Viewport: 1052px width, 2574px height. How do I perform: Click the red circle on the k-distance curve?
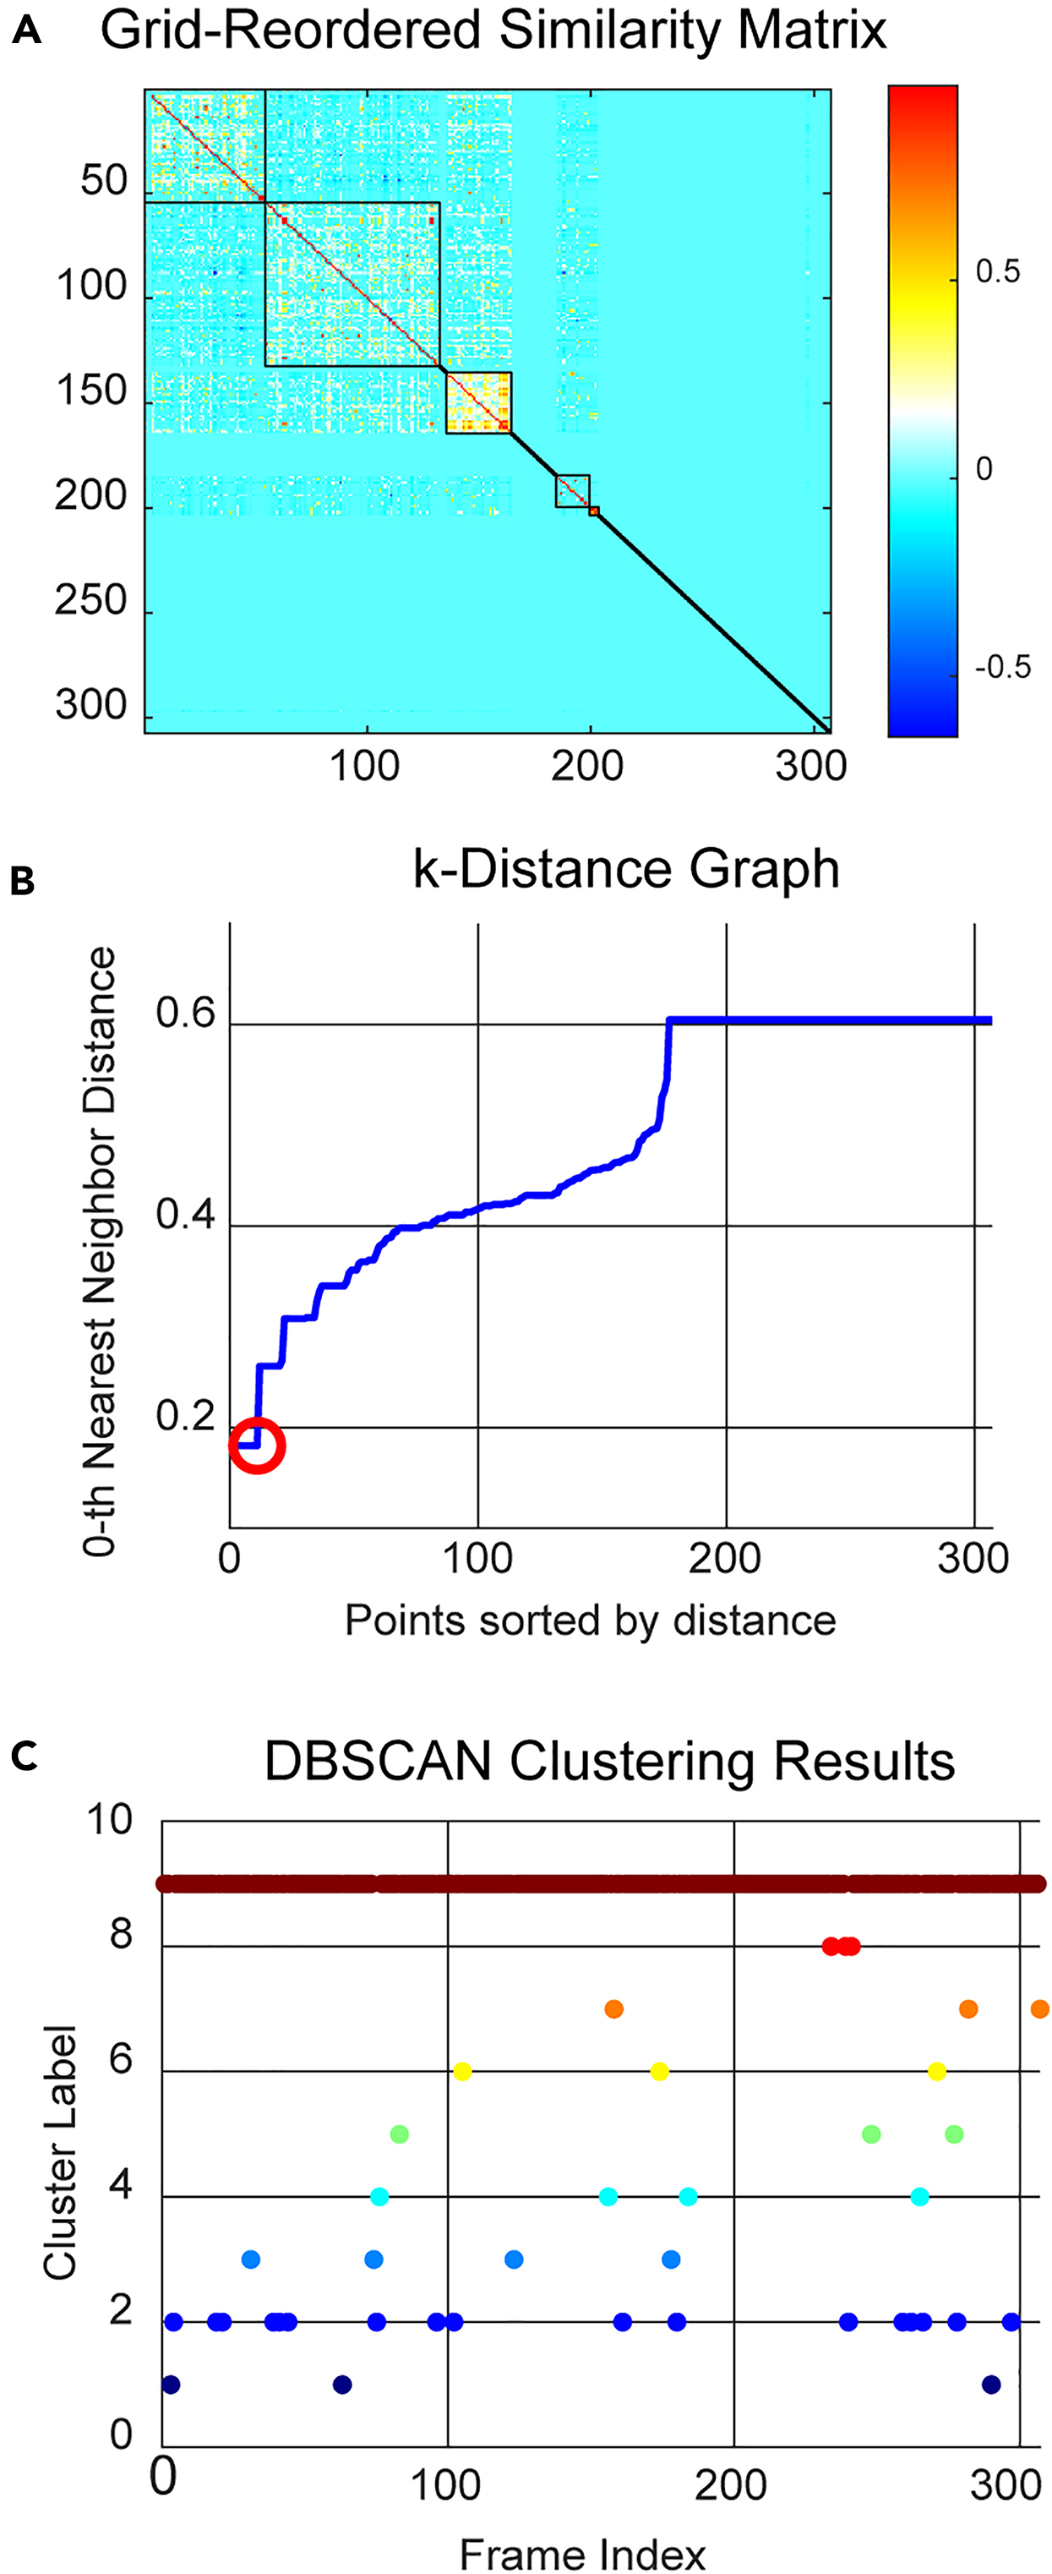point(258,1445)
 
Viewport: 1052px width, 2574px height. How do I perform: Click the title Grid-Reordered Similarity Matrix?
point(493,30)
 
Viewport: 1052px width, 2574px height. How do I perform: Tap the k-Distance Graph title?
point(625,868)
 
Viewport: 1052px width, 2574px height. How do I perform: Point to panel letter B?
point(22,882)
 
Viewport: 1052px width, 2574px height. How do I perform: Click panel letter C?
point(23,1757)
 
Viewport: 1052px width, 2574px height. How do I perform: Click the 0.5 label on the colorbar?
point(997,272)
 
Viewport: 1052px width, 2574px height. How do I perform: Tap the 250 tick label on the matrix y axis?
point(91,602)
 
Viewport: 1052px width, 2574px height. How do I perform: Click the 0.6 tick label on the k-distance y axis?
point(185,1014)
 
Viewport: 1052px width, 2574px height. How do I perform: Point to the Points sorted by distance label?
point(590,1620)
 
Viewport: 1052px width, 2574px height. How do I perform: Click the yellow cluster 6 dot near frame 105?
point(461,2071)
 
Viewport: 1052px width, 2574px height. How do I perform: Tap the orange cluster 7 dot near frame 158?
point(613,2008)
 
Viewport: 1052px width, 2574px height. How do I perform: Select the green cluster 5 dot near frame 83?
point(400,2134)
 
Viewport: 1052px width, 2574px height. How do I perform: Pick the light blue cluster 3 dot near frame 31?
point(251,2260)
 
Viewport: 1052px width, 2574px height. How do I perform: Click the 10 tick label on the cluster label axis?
point(109,1820)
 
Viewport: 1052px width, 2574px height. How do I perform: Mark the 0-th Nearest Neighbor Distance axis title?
point(99,1251)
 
